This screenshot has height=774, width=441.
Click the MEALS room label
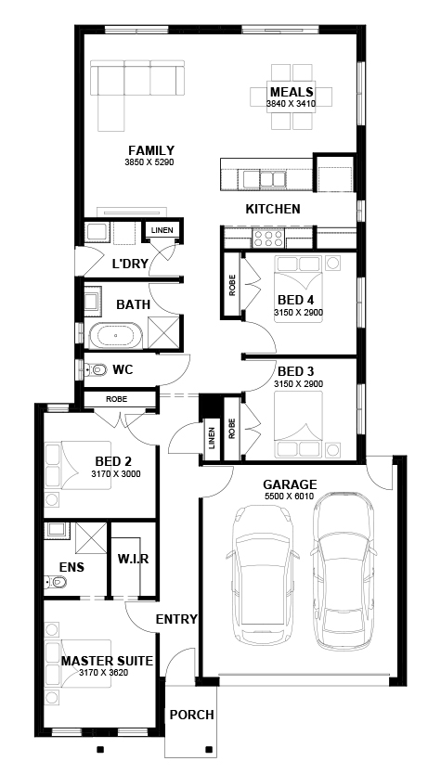click(292, 92)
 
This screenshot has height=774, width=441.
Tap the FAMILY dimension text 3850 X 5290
click(151, 161)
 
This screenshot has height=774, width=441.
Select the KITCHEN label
click(273, 210)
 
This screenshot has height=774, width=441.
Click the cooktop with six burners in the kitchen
click(267, 239)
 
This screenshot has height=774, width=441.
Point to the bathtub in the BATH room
click(115, 336)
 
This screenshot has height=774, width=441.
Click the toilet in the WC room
click(97, 368)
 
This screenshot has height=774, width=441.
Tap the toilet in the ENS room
click(56, 583)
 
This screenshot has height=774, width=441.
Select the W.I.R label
click(133, 560)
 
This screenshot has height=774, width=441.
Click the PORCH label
click(192, 715)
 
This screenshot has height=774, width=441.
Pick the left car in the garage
click(262, 575)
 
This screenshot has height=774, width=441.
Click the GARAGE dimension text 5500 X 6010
click(290, 497)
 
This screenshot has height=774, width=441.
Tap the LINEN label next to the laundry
click(162, 230)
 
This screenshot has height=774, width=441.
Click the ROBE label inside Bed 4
click(232, 285)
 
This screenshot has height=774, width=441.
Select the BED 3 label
click(296, 371)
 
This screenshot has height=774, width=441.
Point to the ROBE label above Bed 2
click(117, 399)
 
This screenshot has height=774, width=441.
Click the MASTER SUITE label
click(107, 661)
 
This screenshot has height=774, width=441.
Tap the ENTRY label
click(176, 619)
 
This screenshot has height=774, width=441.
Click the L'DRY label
click(130, 264)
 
